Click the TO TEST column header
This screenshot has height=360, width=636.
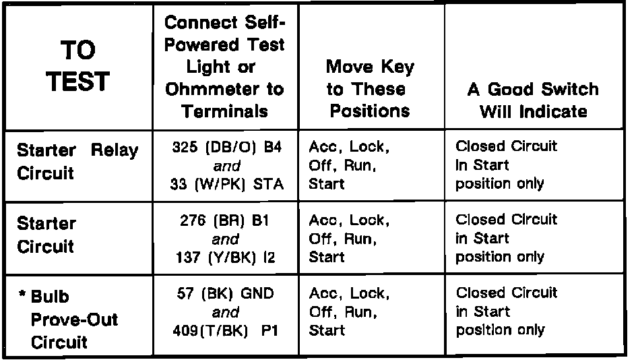[78, 67]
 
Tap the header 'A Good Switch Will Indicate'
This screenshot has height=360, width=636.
[532, 100]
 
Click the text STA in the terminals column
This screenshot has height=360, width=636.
[274, 184]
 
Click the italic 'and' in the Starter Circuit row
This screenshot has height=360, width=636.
[224, 239]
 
